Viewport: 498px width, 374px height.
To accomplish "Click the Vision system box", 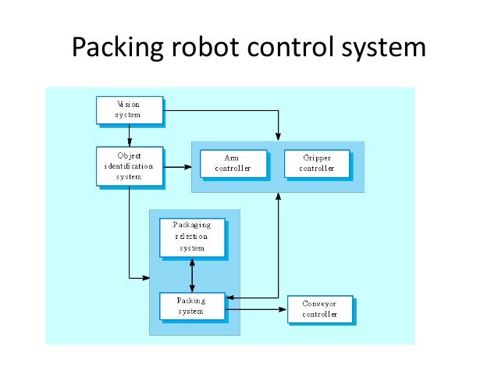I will click(x=129, y=109).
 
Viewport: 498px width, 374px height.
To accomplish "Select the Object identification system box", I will click(x=129, y=166).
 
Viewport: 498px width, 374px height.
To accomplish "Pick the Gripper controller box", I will click(x=316, y=163).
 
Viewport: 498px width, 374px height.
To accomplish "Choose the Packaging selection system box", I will click(x=192, y=237).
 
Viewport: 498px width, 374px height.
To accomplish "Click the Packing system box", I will click(x=192, y=305).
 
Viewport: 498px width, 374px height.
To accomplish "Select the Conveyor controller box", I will click(x=319, y=309).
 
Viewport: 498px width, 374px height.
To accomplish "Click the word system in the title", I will click(x=383, y=48).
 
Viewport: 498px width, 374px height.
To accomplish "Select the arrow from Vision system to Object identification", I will click(x=129, y=135).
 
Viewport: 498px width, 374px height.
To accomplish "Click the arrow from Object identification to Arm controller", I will click(x=178, y=166).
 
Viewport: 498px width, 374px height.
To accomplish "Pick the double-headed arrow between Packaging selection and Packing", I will click(x=192, y=275).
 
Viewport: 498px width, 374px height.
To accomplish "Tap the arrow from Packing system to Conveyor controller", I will click(x=256, y=309).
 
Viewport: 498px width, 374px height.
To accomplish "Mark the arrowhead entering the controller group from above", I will click(x=277, y=137).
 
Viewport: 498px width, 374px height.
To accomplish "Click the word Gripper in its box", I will click(x=316, y=158).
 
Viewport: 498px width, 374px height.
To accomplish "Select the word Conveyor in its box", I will click(x=319, y=304).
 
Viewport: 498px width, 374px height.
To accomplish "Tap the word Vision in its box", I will click(x=129, y=104).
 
